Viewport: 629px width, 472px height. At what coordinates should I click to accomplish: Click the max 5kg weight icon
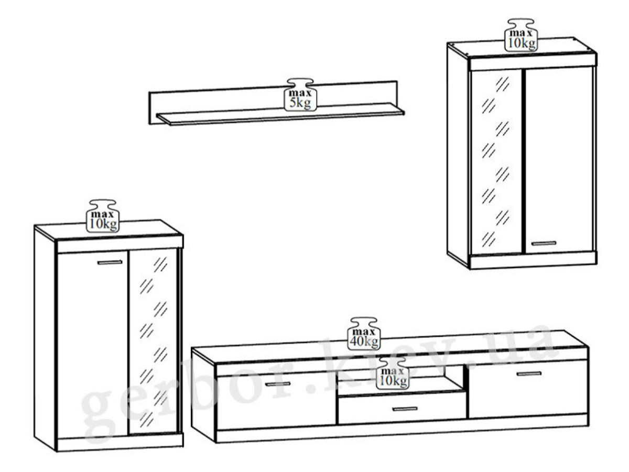click(x=300, y=94)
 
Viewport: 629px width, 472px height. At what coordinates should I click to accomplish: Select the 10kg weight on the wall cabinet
click(x=520, y=35)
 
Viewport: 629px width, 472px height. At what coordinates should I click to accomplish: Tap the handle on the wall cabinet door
click(x=544, y=243)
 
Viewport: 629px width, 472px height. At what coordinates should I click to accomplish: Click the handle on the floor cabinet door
click(x=110, y=262)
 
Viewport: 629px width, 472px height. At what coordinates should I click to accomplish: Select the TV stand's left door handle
click(x=277, y=384)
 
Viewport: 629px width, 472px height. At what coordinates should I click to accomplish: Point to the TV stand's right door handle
click(x=529, y=373)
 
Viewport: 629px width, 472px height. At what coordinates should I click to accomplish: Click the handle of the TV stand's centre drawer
click(x=405, y=409)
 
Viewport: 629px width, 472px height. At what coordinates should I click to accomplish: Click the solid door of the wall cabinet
click(x=559, y=160)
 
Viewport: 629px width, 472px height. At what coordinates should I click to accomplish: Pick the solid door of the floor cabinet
click(x=92, y=345)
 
